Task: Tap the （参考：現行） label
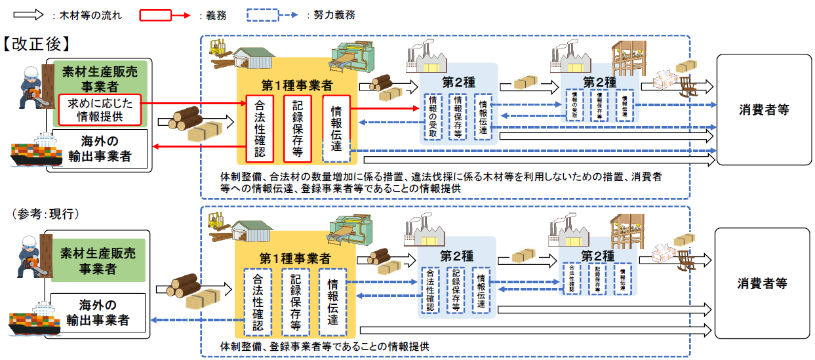[x=43, y=214]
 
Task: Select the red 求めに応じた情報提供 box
[x=100, y=110]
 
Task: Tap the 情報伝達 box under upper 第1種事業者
[x=336, y=129]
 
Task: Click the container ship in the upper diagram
[x=32, y=151]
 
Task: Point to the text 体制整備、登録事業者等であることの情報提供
[x=325, y=346]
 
